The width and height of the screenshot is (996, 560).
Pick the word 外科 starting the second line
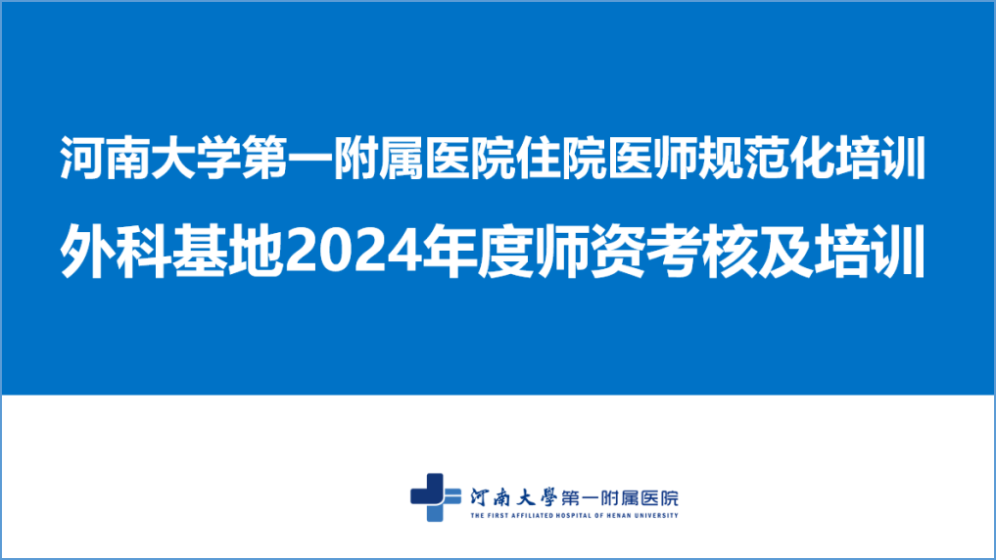click(116, 251)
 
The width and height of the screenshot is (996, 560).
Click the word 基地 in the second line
click(227, 251)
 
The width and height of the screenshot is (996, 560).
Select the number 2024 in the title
click(354, 252)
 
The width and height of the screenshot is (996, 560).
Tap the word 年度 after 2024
click(478, 251)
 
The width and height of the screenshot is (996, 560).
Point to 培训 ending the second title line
click(871, 251)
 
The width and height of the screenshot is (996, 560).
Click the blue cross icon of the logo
click(436, 497)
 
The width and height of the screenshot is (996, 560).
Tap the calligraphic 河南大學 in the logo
click(513, 496)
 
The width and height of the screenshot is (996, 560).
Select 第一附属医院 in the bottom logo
click(620, 497)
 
